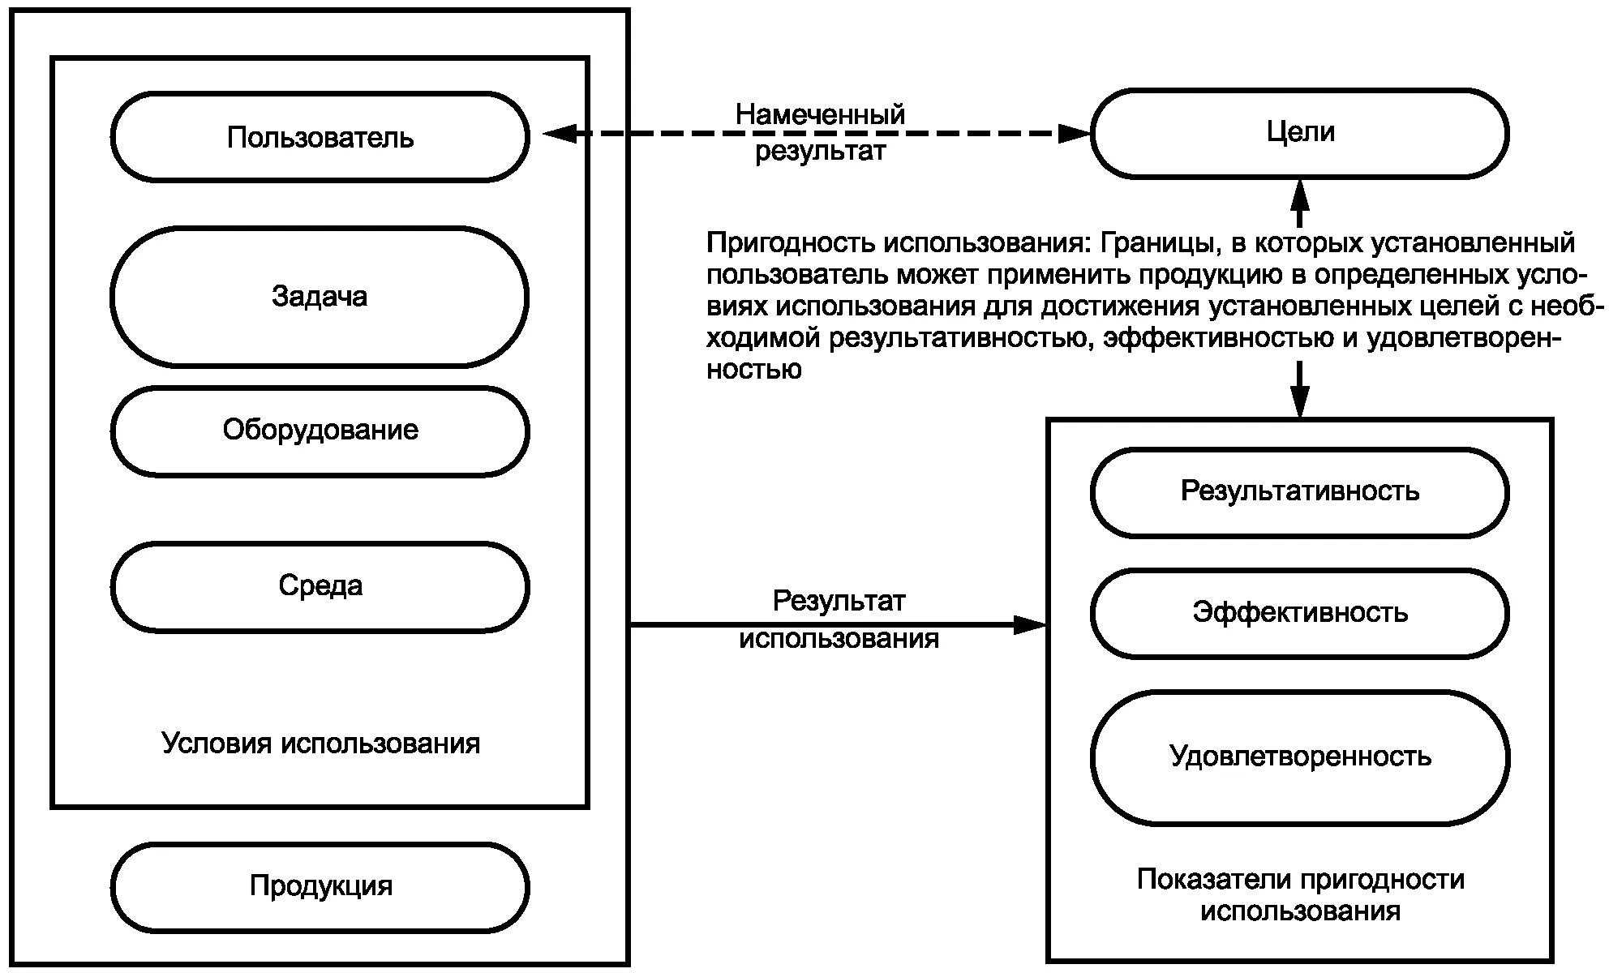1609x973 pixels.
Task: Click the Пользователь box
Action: coord(320,137)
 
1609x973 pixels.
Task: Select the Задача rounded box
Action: coord(320,297)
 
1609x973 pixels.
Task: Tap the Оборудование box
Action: coord(320,431)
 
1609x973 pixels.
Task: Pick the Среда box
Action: coord(320,586)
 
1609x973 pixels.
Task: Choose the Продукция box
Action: coord(320,886)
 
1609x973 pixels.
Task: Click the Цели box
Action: coord(1299,133)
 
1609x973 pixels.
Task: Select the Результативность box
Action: coord(1299,492)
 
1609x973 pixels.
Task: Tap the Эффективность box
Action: coord(1299,613)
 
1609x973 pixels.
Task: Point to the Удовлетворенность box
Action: coord(1299,757)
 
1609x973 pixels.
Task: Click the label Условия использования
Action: coord(320,744)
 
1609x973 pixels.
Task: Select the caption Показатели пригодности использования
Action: coord(1300,895)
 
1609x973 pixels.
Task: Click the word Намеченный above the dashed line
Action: coord(820,114)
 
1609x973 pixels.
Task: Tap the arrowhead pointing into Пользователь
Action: coord(558,134)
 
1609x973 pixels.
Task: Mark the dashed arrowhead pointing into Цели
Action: coord(1075,134)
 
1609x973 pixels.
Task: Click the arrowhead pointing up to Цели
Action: coord(1300,191)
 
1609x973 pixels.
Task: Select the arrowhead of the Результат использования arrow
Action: coord(1032,624)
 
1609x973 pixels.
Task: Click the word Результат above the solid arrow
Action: coord(839,602)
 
